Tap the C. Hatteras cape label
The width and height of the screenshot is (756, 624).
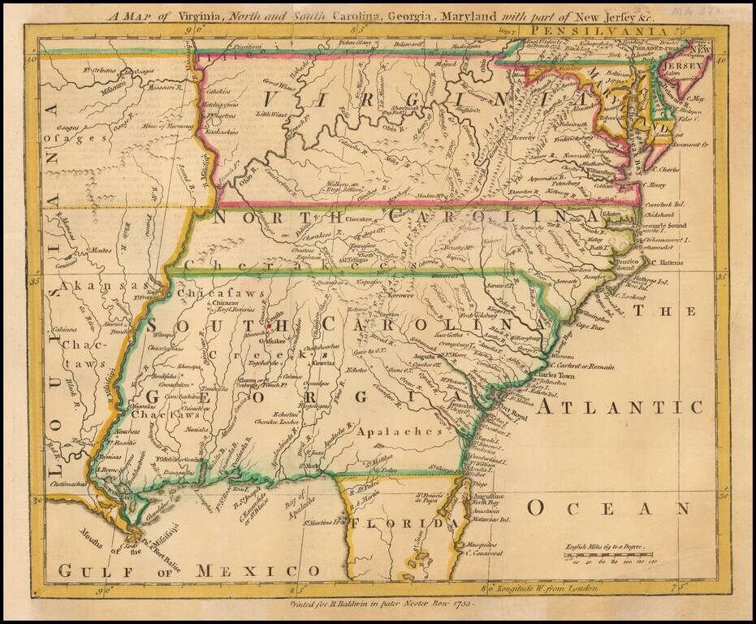(667, 263)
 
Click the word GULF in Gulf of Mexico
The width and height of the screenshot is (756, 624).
(103, 571)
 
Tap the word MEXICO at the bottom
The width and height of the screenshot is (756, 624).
(229, 571)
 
